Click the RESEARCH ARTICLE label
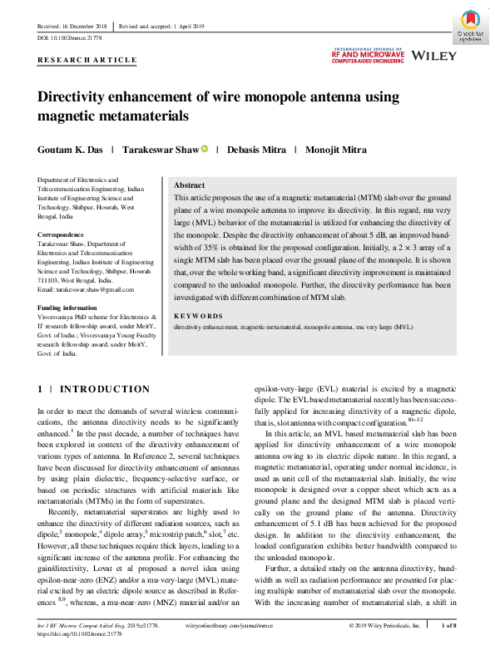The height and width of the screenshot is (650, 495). (87, 61)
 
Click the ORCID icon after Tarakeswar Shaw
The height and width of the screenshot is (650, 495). (203, 149)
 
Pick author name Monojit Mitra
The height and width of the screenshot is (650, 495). (340, 150)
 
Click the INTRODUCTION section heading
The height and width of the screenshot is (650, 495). (104, 389)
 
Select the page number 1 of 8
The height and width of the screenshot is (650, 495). (448, 623)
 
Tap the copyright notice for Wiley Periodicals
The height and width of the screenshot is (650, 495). (387, 623)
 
